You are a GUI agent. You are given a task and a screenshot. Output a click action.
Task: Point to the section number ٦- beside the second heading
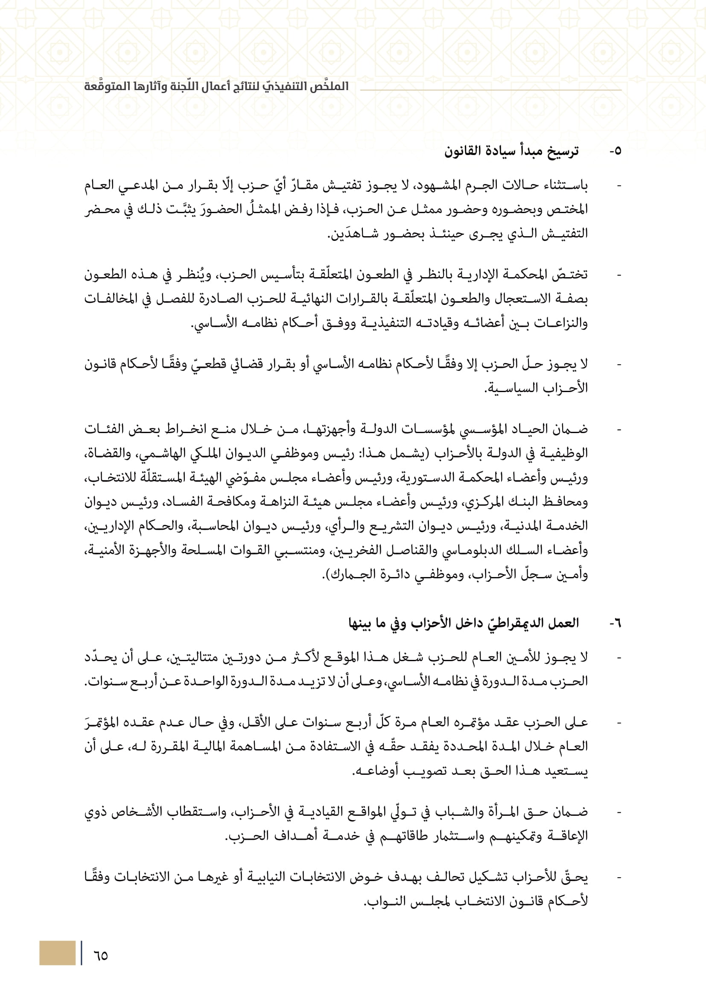click(615, 624)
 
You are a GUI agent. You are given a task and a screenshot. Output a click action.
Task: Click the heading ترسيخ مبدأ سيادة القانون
click(511, 151)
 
